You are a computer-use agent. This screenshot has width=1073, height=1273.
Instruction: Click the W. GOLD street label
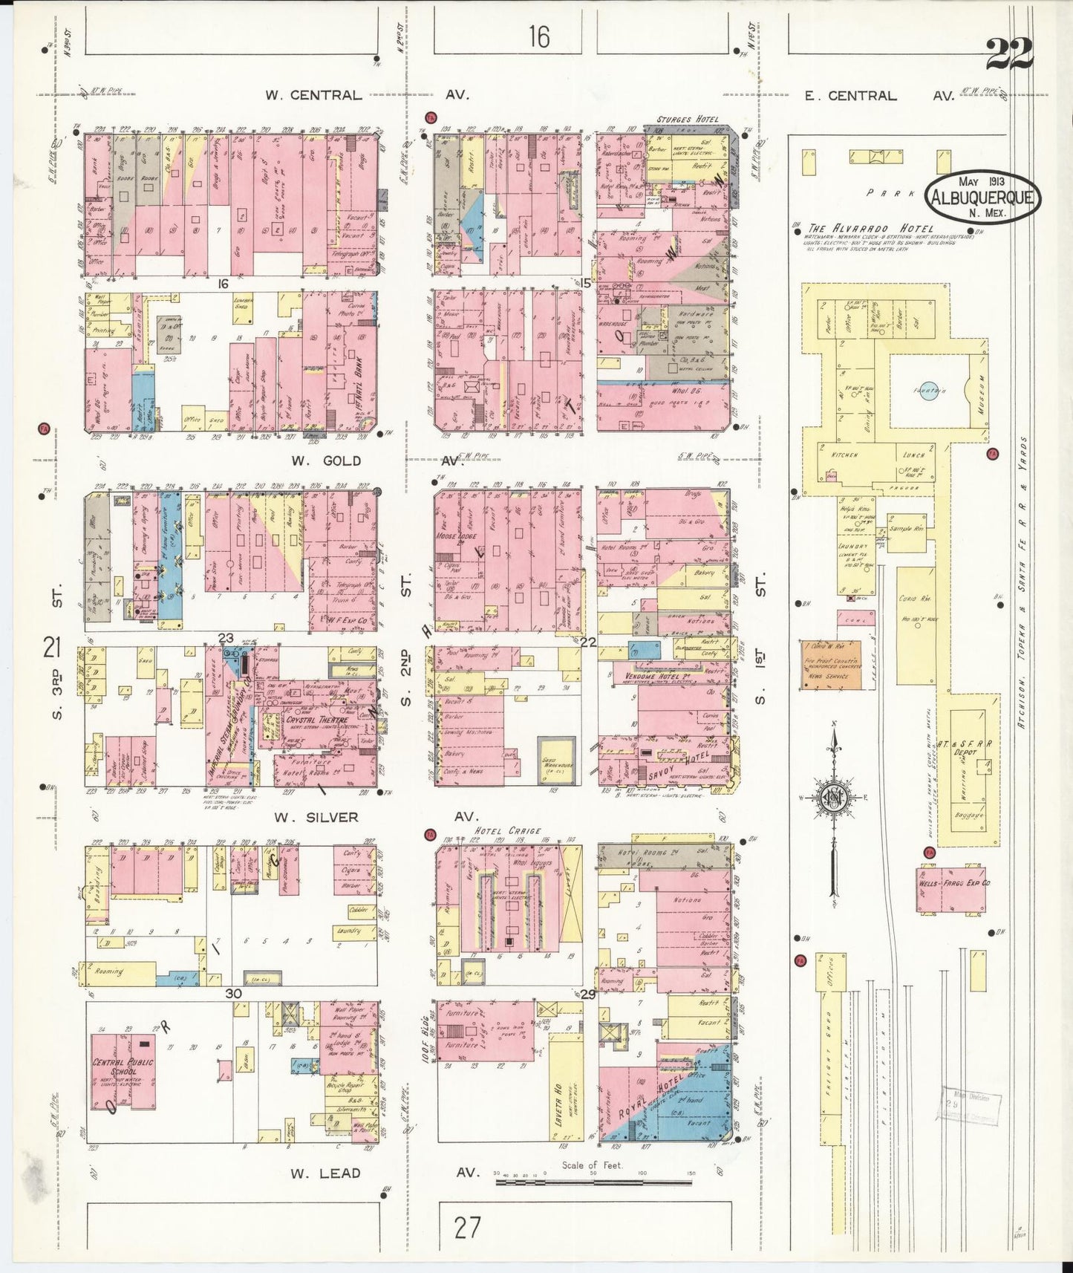pos(325,460)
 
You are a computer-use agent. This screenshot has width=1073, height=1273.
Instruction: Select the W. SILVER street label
pos(316,817)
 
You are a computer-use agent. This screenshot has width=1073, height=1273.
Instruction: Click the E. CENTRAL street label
pos(852,96)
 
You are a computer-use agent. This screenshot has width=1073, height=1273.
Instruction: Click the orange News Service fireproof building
pos(831,667)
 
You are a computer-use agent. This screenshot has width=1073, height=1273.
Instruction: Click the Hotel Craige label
pos(509,831)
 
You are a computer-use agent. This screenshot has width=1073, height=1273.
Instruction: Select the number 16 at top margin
pos(539,36)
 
